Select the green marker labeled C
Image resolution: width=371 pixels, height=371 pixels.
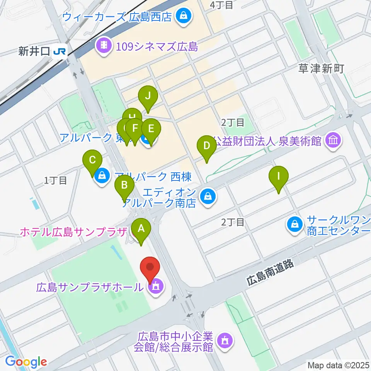pyautogui.click(x=92, y=160)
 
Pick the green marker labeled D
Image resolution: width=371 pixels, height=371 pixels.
pyautogui.click(x=207, y=146)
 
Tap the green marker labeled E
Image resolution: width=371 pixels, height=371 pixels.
pyautogui.click(x=151, y=128)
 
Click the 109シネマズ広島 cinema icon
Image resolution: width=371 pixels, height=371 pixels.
pyautogui.click(x=104, y=47)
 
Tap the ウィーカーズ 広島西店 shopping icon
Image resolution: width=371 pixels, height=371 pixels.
pyautogui.click(x=181, y=16)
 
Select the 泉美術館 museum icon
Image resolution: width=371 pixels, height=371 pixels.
pyautogui.click(x=333, y=141)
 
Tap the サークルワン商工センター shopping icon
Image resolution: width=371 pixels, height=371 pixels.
pyautogui.click(x=295, y=224)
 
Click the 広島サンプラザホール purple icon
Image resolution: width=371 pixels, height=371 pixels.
pyautogui.click(x=156, y=287)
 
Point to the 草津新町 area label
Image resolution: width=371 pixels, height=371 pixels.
pyautogui.click(x=321, y=69)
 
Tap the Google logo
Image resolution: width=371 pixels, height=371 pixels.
pyautogui.click(x=26, y=361)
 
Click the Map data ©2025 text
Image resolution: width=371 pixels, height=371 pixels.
pyautogui.click(x=338, y=364)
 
